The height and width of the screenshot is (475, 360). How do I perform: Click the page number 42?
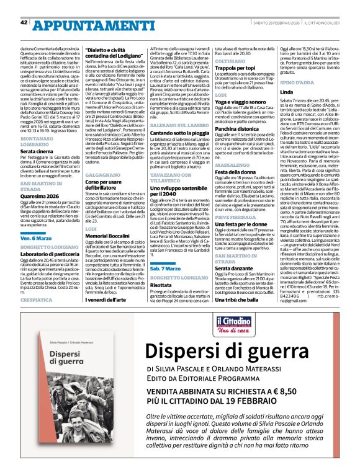coord(24,6)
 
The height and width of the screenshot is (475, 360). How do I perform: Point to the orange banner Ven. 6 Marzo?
coord(35,238)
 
